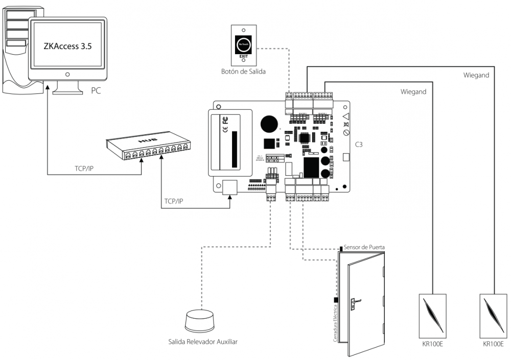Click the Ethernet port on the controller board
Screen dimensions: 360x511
click(x=229, y=187)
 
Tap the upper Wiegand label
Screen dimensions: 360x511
click(x=476, y=76)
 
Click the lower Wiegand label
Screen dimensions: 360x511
click(x=413, y=92)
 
